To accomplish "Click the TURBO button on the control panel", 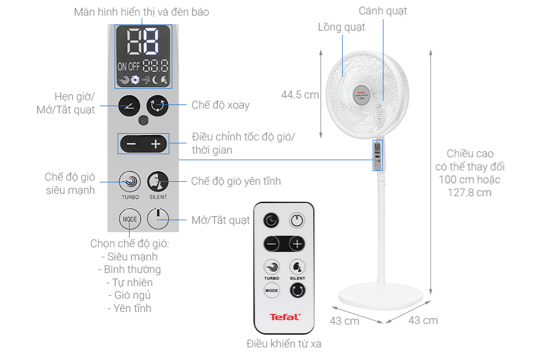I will click(130, 181).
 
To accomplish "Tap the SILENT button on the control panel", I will click(158, 181).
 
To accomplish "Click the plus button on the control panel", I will click(156, 144).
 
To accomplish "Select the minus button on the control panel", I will click(131, 144).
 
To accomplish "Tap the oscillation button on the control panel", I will click(158, 106).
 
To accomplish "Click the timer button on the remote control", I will click(271, 220).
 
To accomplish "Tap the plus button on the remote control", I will click(297, 244).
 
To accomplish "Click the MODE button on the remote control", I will click(271, 290).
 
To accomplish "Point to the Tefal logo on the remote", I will click(284, 317).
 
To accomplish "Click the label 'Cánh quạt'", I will click(383, 11).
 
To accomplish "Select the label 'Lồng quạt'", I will click(341, 27).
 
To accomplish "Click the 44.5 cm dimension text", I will click(300, 94).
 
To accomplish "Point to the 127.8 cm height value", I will click(469, 192).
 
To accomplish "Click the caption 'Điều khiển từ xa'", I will click(284, 344).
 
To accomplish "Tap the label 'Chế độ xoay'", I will click(220, 105).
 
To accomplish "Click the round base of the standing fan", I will click(382, 296).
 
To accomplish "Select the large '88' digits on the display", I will click(143, 41).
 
